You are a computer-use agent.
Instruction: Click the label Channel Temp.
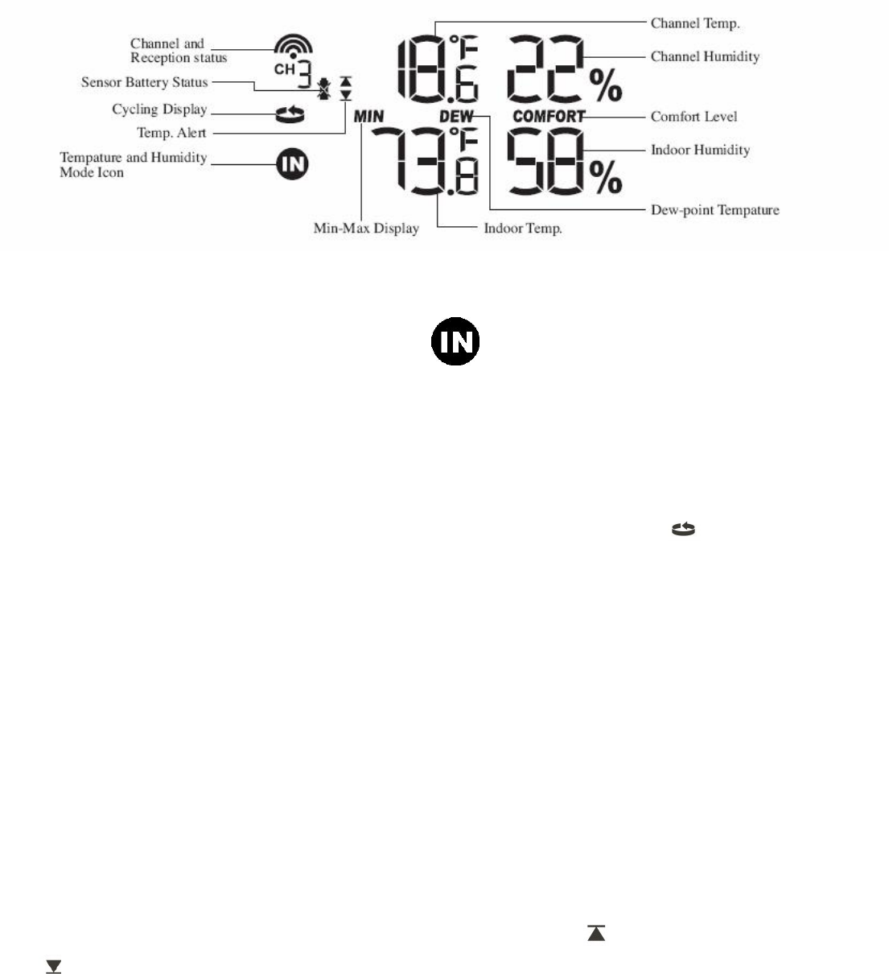(x=694, y=23)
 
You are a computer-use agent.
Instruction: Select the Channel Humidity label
(x=705, y=56)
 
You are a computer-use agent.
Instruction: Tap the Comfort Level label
(x=694, y=117)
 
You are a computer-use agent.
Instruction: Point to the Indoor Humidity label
(x=700, y=150)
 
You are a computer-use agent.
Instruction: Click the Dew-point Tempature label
(x=714, y=210)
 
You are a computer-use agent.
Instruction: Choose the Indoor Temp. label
(x=522, y=229)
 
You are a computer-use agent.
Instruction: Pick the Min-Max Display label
(x=366, y=229)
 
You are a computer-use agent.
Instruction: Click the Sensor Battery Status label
(x=144, y=82)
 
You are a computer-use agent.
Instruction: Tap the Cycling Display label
(x=159, y=109)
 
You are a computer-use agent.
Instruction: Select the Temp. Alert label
(x=171, y=133)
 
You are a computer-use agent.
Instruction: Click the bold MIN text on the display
(x=369, y=117)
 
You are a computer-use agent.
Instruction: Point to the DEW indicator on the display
(x=456, y=117)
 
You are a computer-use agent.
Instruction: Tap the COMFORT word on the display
(x=549, y=117)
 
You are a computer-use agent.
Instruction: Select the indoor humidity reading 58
(x=545, y=161)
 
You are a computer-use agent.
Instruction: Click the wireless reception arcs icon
(x=293, y=45)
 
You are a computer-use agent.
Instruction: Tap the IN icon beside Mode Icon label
(x=293, y=165)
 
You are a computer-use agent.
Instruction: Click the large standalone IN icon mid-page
(x=455, y=341)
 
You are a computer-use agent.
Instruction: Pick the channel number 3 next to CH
(x=305, y=74)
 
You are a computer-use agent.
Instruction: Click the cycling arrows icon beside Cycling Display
(x=290, y=115)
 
